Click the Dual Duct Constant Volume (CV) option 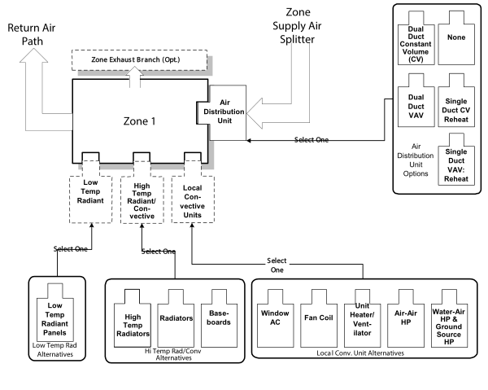415,41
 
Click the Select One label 277,266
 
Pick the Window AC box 275,316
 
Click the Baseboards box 220,318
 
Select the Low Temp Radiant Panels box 57,313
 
